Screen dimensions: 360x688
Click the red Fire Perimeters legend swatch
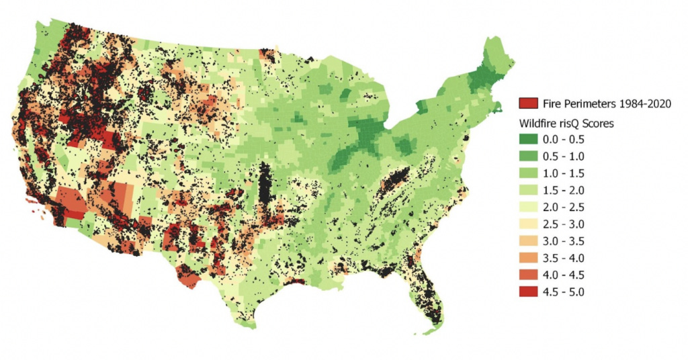[529, 103]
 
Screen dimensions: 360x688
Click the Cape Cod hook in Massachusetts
[501, 107]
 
